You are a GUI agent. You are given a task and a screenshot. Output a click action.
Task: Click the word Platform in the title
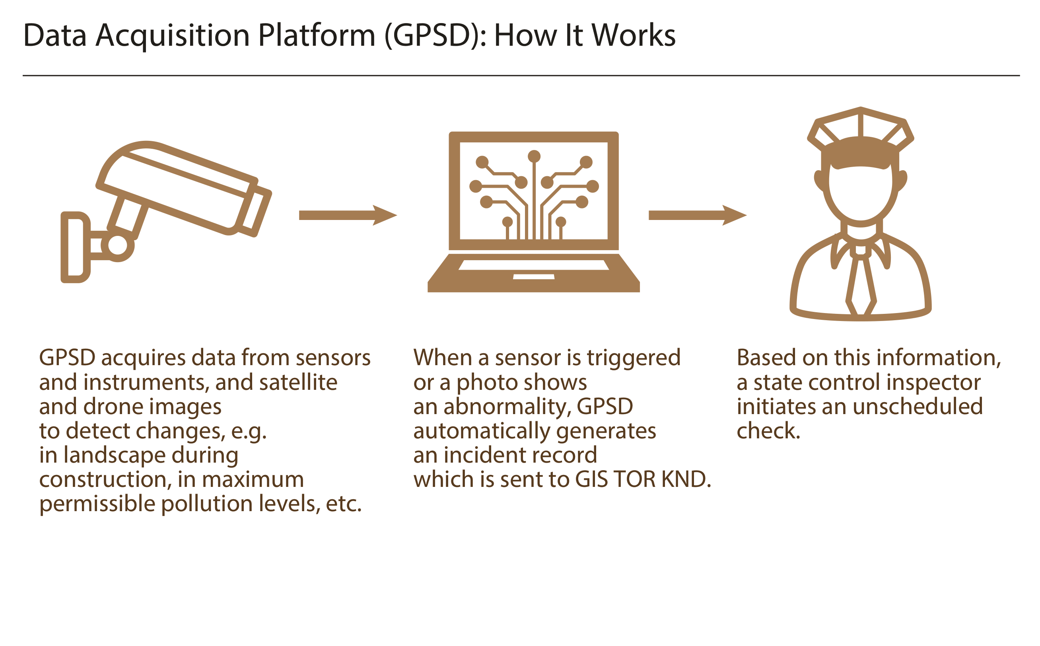click(x=317, y=35)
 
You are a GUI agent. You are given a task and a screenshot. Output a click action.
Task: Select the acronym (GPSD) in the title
click(x=435, y=36)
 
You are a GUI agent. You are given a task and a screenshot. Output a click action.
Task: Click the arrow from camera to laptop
click(x=348, y=215)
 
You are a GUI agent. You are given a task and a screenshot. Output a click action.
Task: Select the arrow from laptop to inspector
click(x=698, y=215)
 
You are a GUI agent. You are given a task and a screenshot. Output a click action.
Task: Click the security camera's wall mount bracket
click(x=75, y=247)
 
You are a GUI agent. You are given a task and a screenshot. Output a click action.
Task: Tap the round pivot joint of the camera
click(x=117, y=245)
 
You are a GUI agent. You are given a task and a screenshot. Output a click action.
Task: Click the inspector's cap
click(x=860, y=137)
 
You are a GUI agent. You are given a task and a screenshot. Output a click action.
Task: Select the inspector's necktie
click(x=861, y=282)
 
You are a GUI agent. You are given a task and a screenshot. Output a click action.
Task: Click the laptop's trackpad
click(x=533, y=277)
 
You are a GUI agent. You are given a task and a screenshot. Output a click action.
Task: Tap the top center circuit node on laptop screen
click(x=534, y=157)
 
